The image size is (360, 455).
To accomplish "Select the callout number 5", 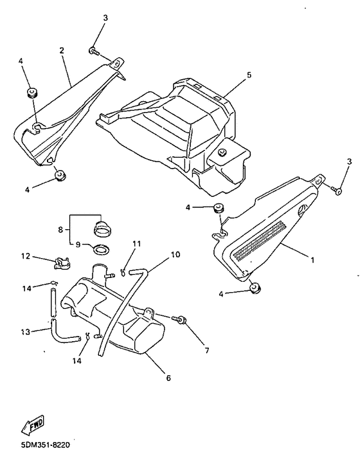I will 249,75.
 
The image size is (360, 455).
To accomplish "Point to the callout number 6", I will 168,378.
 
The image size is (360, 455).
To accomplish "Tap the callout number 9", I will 78,245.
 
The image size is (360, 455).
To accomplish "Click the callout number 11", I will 136,243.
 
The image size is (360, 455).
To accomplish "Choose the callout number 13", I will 25,332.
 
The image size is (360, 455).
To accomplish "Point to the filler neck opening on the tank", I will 100,269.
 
